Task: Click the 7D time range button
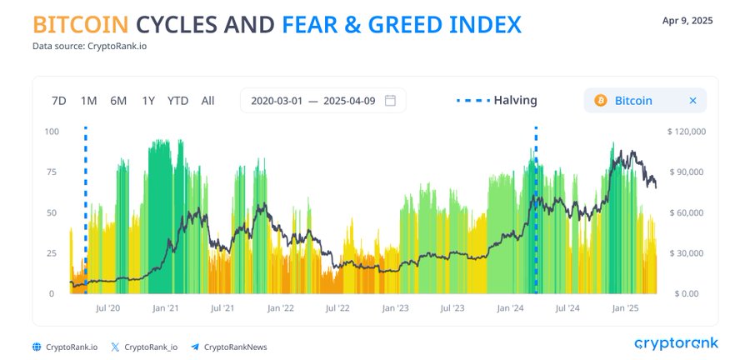58,101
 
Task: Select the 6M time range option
118,101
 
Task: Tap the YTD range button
178,101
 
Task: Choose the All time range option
207,101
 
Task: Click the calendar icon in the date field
390,100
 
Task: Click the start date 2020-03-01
277,101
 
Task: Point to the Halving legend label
515,100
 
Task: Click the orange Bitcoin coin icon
601,100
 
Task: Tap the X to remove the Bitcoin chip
692,100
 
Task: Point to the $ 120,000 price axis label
687,132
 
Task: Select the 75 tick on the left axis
51,172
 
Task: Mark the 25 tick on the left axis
51,252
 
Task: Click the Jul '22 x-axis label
337,308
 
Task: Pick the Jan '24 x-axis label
510,308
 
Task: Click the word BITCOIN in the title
80,25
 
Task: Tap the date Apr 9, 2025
687,21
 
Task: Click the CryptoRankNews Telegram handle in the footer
235,347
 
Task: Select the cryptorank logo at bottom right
677,343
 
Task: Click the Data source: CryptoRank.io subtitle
89,47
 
